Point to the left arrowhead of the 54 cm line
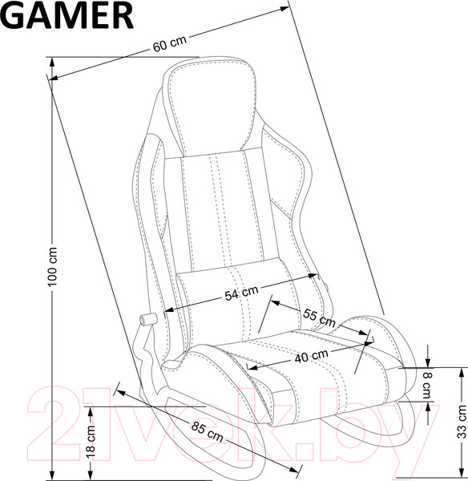167,309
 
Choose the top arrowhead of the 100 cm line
54,61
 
